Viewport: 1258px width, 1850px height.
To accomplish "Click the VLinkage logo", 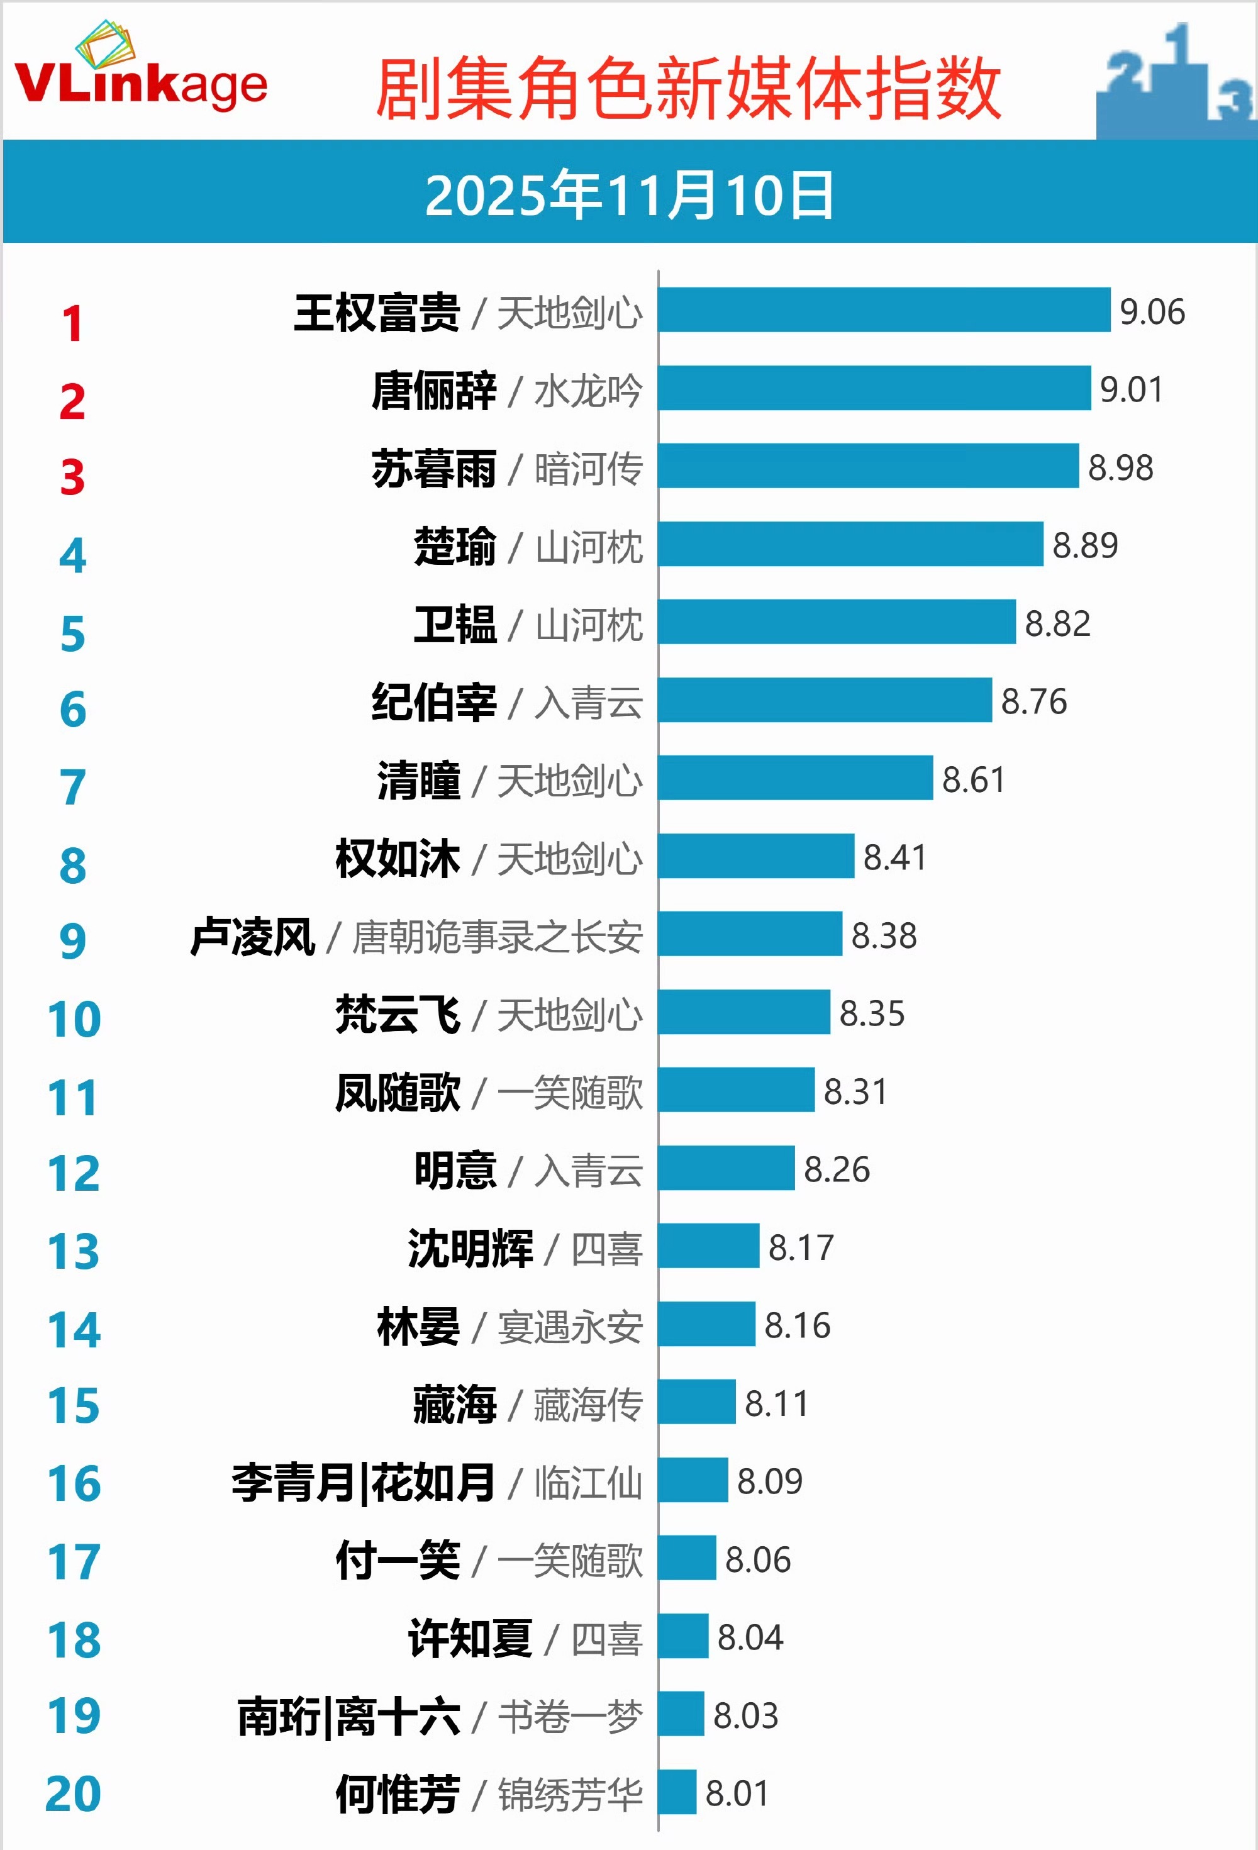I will pyautogui.click(x=140, y=72).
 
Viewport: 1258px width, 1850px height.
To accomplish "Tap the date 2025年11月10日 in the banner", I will pyautogui.click(x=629, y=195).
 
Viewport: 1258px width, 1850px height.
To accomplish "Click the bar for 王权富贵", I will pyautogui.click(x=884, y=309).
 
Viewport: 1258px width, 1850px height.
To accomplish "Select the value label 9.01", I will pyautogui.click(x=1130, y=389).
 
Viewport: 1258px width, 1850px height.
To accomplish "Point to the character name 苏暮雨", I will pyautogui.click(x=434, y=468).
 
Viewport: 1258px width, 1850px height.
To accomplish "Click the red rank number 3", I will pyautogui.click(x=72, y=477).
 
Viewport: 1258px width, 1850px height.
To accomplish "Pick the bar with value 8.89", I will pyautogui.click(x=850, y=545).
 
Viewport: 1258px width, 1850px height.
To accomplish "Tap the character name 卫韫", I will pyautogui.click(x=455, y=623).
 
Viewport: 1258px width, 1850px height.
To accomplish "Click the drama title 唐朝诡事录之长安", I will pyautogui.click(x=497, y=936).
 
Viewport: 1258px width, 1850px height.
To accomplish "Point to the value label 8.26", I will pyautogui.click(x=836, y=1169).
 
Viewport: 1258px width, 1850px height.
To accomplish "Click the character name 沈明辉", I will pyautogui.click(x=470, y=1247).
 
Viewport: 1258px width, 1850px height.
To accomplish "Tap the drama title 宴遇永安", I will pyautogui.click(x=570, y=1326).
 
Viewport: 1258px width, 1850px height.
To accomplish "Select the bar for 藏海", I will pyautogui.click(x=697, y=1402).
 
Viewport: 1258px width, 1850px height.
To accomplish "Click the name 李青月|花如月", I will pyautogui.click(x=363, y=1482).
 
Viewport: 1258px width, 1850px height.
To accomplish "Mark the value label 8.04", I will pyautogui.click(x=749, y=1637).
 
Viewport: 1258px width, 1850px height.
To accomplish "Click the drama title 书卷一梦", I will pyautogui.click(x=570, y=1715).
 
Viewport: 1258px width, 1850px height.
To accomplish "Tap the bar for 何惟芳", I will pyautogui.click(x=677, y=1792).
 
